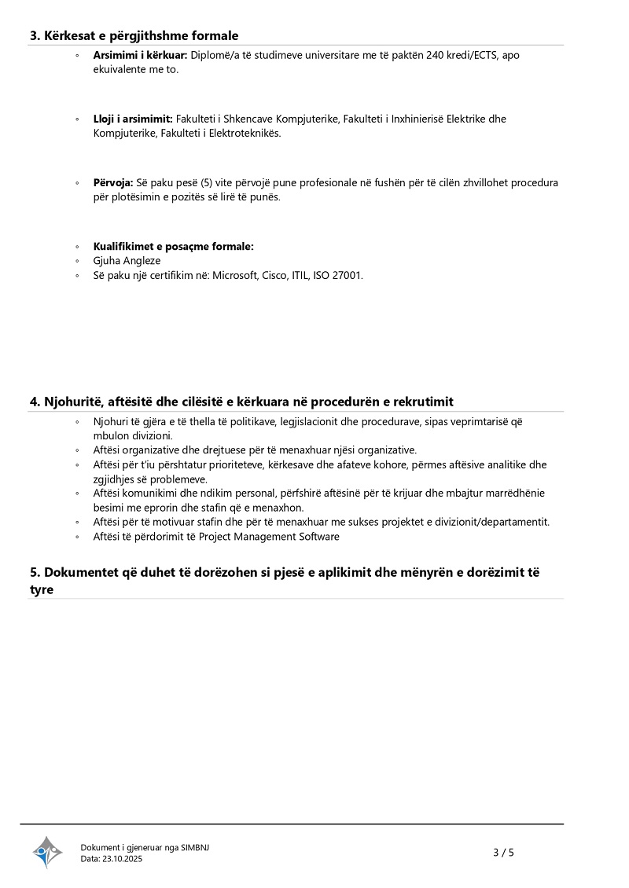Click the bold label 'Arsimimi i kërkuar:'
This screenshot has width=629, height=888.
pyautogui.click(x=139, y=56)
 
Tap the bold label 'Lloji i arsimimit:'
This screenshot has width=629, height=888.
pyautogui.click(x=133, y=119)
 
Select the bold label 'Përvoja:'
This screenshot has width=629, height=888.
pyautogui.click(x=113, y=182)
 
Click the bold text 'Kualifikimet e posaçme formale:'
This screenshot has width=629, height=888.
pyautogui.click(x=173, y=246)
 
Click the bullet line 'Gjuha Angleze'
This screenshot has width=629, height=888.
pyautogui.click(x=126, y=260)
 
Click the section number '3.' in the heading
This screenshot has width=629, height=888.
pyautogui.click(x=35, y=35)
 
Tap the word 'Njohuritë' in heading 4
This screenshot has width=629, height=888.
pyautogui.click(x=73, y=402)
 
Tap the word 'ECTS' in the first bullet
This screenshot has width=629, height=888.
pyautogui.click(x=485, y=56)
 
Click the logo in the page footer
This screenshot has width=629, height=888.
pyautogui.click(x=47, y=852)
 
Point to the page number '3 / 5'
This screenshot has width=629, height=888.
pyautogui.click(x=503, y=852)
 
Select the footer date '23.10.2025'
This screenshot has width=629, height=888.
pyautogui.click(x=123, y=859)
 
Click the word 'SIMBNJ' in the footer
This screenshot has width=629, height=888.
pyautogui.click(x=195, y=847)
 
